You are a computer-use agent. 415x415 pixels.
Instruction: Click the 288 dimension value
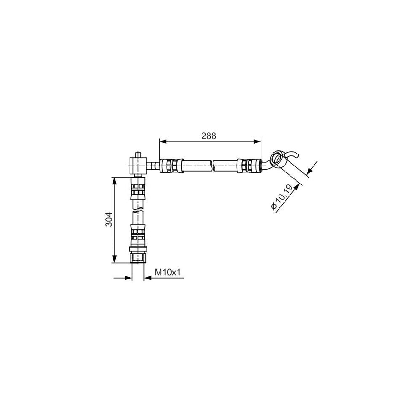(208, 136)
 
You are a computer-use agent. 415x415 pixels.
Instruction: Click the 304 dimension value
(109, 219)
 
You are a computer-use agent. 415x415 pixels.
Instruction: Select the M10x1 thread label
(167, 272)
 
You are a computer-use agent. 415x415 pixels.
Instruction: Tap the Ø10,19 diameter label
(282, 197)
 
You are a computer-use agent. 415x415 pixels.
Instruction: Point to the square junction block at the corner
(138, 166)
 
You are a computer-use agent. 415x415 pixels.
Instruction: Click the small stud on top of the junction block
(138, 154)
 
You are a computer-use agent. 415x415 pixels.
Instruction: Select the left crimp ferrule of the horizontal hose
(172, 166)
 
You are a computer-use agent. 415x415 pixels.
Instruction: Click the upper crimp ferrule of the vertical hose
(138, 189)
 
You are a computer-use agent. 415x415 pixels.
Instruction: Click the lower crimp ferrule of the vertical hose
(138, 235)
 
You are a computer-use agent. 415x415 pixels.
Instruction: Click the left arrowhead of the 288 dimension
(163, 142)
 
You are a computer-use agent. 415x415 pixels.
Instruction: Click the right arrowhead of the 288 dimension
(257, 142)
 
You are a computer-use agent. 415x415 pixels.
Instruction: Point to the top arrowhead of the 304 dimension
(114, 181)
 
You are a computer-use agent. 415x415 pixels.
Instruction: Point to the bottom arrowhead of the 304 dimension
(114, 259)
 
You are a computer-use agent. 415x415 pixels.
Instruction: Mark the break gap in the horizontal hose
(213, 166)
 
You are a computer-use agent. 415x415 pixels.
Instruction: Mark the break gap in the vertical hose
(138, 210)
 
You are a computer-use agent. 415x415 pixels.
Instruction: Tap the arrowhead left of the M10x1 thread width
(128, 278)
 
